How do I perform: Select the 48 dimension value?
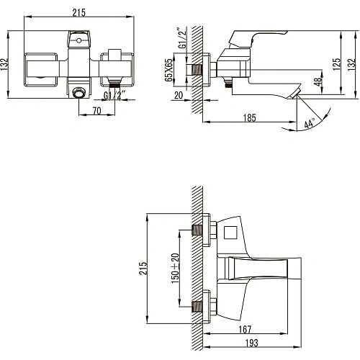tap(318, 84)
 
